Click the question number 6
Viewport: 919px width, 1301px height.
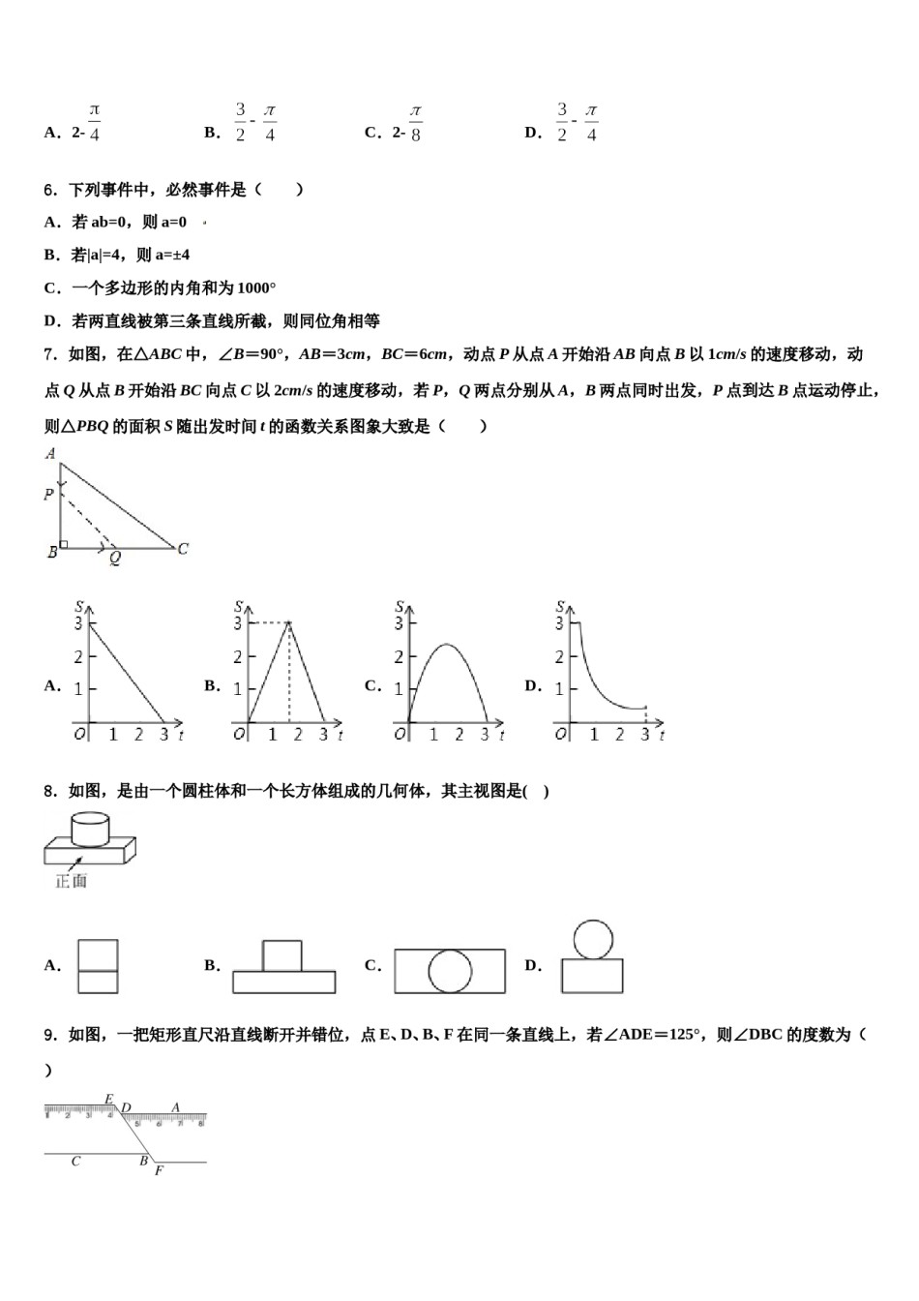51,190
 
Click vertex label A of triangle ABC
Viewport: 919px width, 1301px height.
50,453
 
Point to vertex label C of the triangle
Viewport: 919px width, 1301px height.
183,549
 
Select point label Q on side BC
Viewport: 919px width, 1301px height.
114,559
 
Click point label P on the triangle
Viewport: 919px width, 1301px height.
48,495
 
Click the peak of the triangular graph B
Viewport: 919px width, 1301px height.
288,623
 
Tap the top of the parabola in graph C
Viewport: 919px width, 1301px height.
446,645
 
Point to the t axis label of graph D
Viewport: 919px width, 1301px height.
662,736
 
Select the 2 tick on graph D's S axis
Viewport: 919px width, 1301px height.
559,657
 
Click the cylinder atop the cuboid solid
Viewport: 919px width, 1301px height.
89,829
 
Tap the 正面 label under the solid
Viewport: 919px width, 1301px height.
72,881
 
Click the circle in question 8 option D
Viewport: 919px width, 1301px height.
593,938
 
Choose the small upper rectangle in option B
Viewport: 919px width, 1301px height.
282,955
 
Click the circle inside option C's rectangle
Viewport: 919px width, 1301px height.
450,971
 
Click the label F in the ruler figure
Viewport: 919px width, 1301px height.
159,1170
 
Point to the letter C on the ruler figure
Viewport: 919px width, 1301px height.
75,1161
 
